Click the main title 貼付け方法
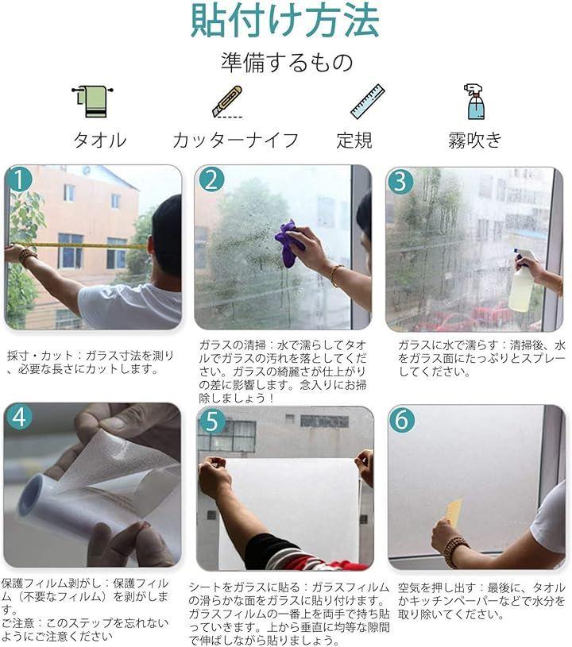pos(285,21)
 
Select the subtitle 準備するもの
pos(287,62)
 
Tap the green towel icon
pos(92,102)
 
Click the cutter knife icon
pos(227,102)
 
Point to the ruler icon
pos(368,102)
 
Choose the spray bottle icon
pos(474,102)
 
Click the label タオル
pos(100,140)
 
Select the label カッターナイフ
pos(236,140)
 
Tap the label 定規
pos(354,140)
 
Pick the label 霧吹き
pos(475,140)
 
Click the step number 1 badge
pos(19,179)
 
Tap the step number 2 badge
pos(211,179)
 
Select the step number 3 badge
pos(400,181)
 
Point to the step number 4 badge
pos(19,417)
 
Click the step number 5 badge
pos(212,421)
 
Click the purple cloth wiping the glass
pos(289,244)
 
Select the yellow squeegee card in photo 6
pos(454,512)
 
